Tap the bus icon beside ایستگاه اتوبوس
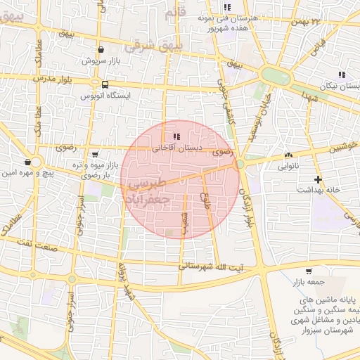(105, 84)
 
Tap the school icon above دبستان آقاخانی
(176, 136)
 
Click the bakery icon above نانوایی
(288, 155)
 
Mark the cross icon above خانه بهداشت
(319, 179)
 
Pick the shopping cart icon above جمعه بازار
(309, 271)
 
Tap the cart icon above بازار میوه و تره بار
(95, 154)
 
